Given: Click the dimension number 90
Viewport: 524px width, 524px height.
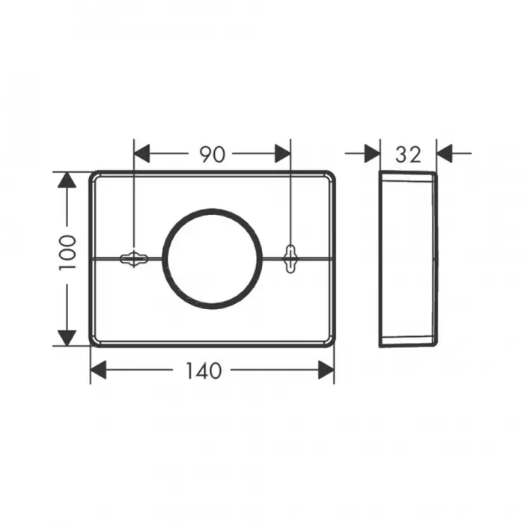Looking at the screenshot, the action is (x=212, y=154).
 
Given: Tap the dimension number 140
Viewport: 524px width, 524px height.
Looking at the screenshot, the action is (x=204, y=371).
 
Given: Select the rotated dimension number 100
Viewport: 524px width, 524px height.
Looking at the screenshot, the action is (x=67, y=253).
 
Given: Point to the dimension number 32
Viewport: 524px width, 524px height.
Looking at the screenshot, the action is (x=409, y=155).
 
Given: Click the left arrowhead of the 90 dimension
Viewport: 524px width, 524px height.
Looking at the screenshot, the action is (x=141, y=153).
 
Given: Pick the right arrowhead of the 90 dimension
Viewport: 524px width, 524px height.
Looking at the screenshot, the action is (x=283, y=153).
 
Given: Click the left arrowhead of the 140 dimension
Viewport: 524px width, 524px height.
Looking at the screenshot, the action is (x=98, y=370).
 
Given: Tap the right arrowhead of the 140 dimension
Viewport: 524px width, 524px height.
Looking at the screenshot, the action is (x=326, y=370).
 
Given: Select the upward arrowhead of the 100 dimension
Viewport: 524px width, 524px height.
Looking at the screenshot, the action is (x=67, y=180).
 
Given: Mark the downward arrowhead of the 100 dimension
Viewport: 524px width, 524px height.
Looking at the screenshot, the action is (x=67, y=338).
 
